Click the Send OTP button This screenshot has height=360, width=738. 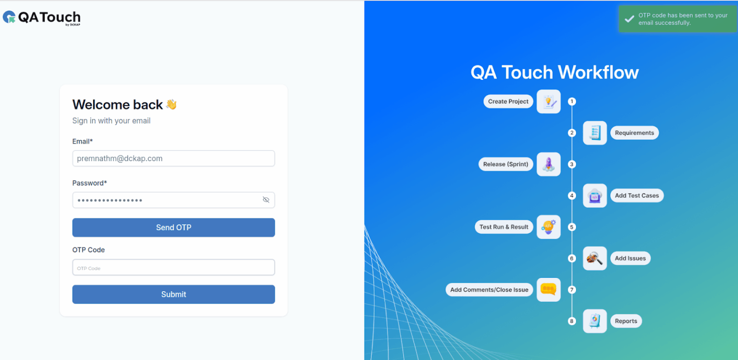click(173, 227)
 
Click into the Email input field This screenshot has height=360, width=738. click(173, 159)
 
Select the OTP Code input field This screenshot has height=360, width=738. click(173, 267)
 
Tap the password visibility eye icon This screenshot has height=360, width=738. click(266, 200)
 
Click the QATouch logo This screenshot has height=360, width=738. click(41, 18)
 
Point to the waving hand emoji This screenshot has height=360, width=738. click(172, 104)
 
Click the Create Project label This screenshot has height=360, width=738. click(508, 101)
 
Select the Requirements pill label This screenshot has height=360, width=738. click(634, 133)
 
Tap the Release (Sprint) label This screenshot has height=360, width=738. click(505, 164)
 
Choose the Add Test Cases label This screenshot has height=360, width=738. click(637, 196)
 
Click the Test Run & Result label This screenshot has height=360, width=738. click(504, 227)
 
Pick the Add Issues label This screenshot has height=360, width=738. click(630, 258)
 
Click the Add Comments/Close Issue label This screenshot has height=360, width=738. click(489, 290)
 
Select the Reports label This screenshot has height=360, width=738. click(626, 321)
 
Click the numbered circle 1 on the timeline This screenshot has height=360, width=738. click(572, 101)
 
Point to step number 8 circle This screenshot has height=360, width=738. click(572, 321)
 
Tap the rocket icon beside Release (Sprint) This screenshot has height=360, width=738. click(549, 164)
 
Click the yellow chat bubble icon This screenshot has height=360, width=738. click(549, 290)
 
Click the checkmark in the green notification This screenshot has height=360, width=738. click(629, 19)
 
